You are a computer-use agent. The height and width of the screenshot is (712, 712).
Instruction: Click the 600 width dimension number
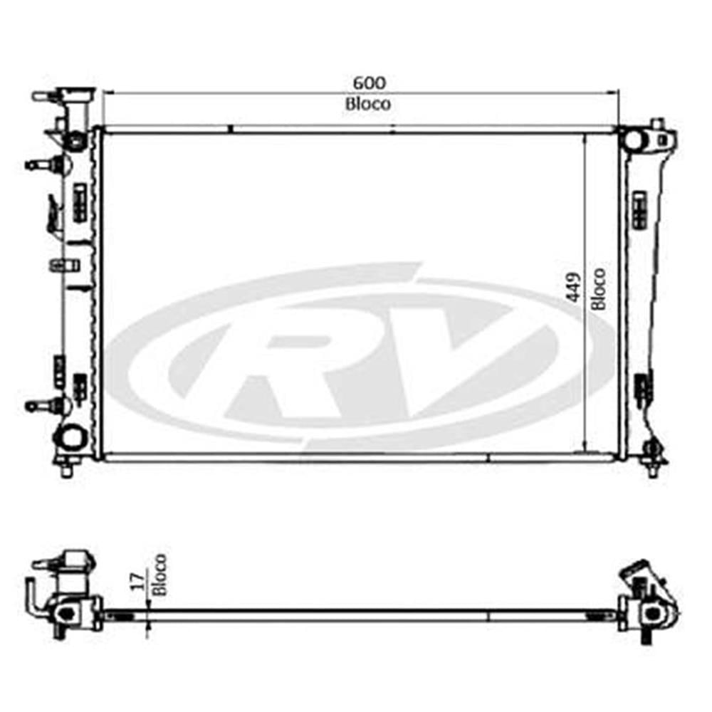[x=367, y=83]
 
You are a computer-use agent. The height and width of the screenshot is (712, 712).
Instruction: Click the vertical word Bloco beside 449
[x=599, y=288]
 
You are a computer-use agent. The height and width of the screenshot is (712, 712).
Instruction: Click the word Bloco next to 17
[x=159, y=575]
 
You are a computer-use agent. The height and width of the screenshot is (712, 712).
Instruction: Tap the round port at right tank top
[x=633, y=138]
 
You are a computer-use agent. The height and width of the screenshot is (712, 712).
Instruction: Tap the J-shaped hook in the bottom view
[x=33, y=597]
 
